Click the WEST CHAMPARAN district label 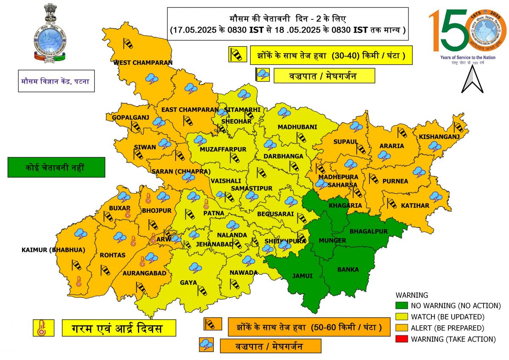143,63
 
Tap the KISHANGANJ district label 439,137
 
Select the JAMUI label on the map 302,276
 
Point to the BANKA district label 348,269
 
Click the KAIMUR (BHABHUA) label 53,250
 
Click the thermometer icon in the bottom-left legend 41,328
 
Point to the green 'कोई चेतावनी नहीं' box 56,167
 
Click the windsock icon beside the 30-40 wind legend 237,54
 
